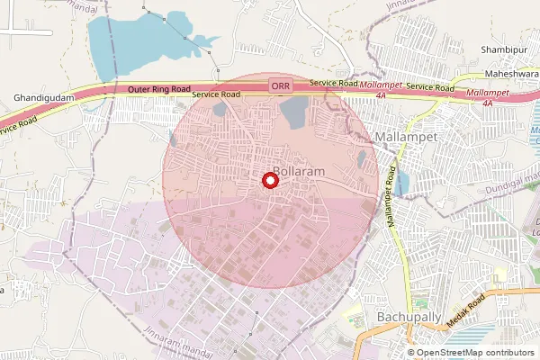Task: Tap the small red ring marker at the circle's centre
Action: coord(268,180)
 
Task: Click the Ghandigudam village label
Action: coord(42,97)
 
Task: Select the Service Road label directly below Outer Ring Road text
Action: coord(216,94)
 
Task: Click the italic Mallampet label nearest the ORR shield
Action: coord(385,82)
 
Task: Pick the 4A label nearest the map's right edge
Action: coord(488,103)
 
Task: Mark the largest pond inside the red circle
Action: coord(293,112)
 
